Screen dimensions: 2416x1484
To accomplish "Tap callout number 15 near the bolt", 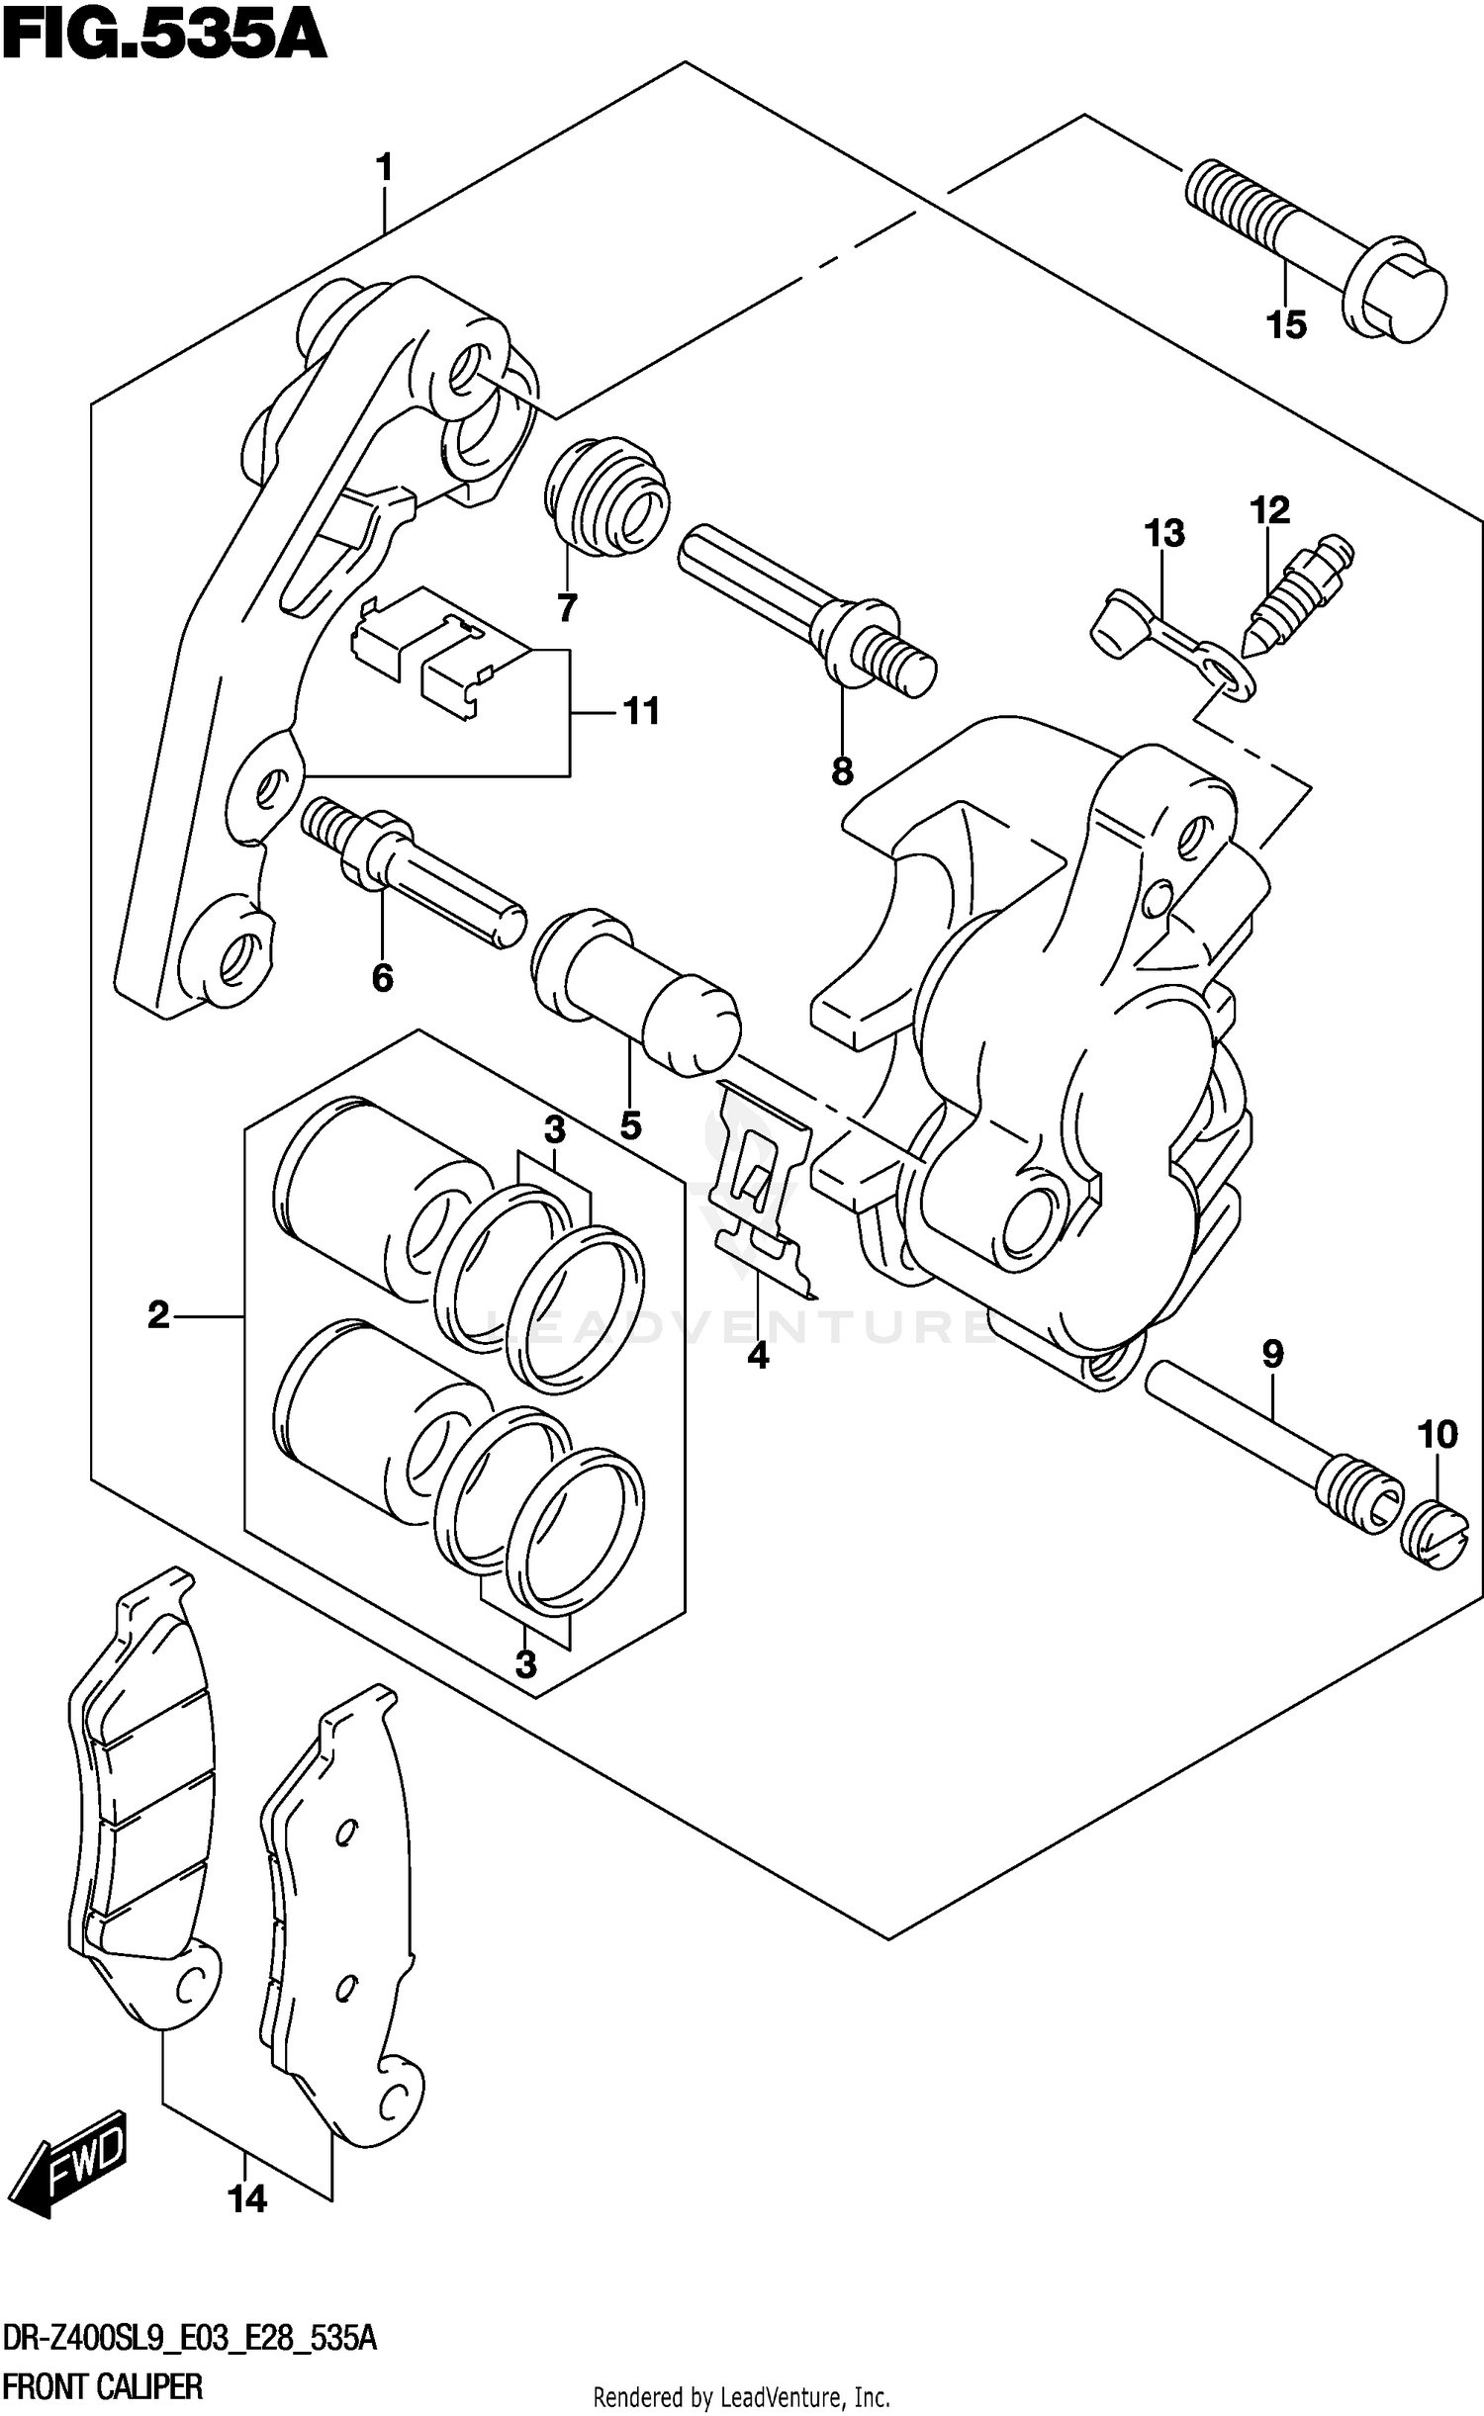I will coord(1286,324).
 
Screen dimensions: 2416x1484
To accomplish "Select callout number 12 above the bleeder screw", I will coord(1269,511).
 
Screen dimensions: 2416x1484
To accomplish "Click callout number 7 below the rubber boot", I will coord(567,608).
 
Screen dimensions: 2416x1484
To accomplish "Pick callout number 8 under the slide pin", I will coord(842,772).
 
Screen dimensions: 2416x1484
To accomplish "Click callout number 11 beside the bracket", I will coord(641,711).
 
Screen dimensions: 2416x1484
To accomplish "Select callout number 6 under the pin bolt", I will coord(382,978).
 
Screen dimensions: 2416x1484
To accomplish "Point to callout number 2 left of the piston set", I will coord(158,1315).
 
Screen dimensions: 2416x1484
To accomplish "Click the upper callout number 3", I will coord(554,1128).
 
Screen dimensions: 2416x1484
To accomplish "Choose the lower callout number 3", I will coord(525,1664).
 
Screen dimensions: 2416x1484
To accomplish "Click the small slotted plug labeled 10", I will coord(1434,1532).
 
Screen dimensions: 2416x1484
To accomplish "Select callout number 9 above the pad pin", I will coord(1272,1354).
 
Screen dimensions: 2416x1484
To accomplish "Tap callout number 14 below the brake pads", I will coord(247,2198).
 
